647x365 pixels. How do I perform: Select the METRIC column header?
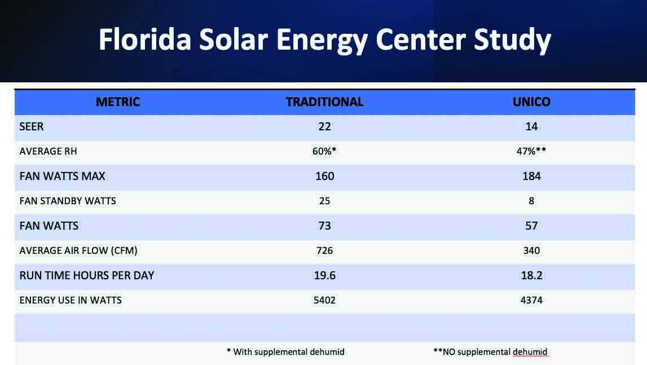pyautogui.click(x=118, y=102)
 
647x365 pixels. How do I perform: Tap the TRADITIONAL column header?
pyautogui.click(x=324, y=102)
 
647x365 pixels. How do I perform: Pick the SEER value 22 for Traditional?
pyautogui.click(x=324, y=127)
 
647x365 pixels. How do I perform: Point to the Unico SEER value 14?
pyautogui.click(x=532, y=127)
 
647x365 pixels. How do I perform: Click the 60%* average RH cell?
pyautogui.click(x=324, y=152)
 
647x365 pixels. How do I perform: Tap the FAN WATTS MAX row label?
pyautogui.click(x=62, y=176)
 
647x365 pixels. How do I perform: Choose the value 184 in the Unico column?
pyautogui.click(x=532, y=176)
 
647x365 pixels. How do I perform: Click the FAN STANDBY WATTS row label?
pyautogui.click(x=68, y=201)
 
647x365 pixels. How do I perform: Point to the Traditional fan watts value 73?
pyautogui.click(x=324, y=226)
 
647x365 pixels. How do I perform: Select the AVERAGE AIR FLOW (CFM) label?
pyautogui.click(x=79, y=250)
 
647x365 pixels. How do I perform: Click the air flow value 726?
pyautogui.click(x=324, y=250)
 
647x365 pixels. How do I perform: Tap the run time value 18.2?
pyautogui.click(x=532, y=275)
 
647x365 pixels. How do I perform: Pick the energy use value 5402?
pyautogui.click(x=324, y=300)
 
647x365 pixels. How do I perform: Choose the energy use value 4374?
pyautogui.click(x=532, y=300)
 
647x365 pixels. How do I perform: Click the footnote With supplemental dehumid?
pyautogui.click(x=285, y=351)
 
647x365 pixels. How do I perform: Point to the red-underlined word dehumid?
pyautogui.click(x=530, y=351)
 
